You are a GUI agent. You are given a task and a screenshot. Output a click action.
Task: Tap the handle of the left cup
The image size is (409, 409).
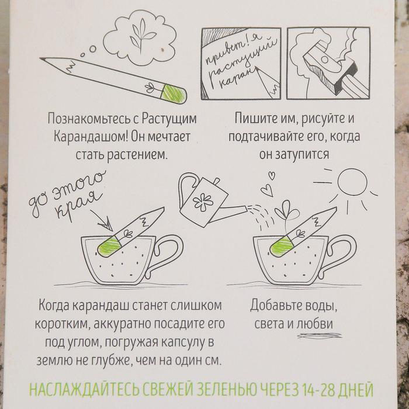click(x=165, y=255)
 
